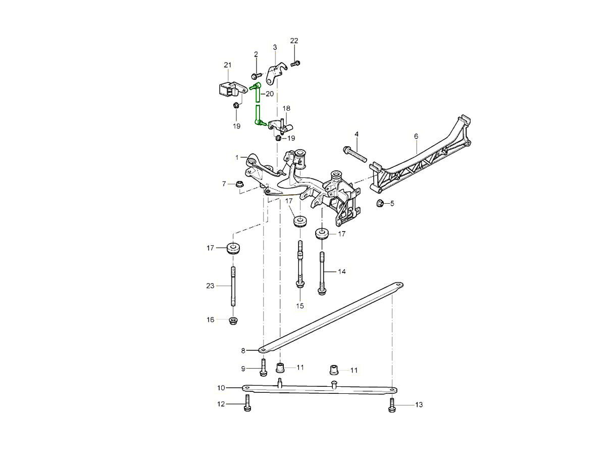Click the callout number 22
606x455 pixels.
click(294, 41)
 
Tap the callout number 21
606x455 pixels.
click(227, 65)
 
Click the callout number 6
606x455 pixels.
click(416, 136)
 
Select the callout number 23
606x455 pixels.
click(211, 286)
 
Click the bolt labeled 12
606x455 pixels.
click(247, 403)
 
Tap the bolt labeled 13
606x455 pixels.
click(391, 404)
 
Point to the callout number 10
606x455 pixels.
click(221, 388)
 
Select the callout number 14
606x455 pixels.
click(342, 272)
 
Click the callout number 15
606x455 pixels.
click(300, 306)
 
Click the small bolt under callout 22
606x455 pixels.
click(296, 63)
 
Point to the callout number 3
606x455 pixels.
click(275, 48)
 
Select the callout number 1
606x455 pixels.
click(237, 158)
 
